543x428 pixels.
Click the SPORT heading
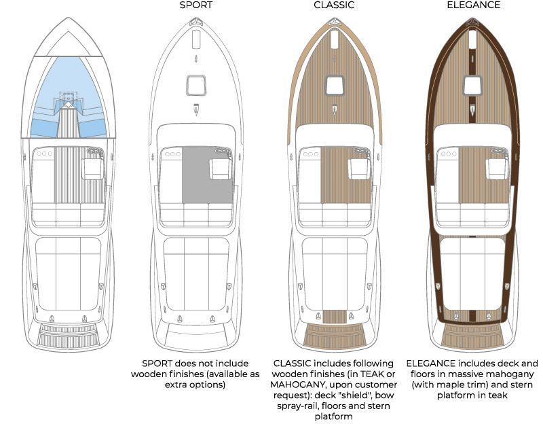195,5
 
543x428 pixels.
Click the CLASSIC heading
335,5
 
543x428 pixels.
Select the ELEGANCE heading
473,5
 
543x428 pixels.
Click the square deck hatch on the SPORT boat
195,86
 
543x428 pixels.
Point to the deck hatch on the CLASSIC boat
335,86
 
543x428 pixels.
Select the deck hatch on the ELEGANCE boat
473,86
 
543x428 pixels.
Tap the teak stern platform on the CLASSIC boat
335,334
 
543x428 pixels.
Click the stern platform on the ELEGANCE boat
473,334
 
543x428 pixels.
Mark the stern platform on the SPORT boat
195,336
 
